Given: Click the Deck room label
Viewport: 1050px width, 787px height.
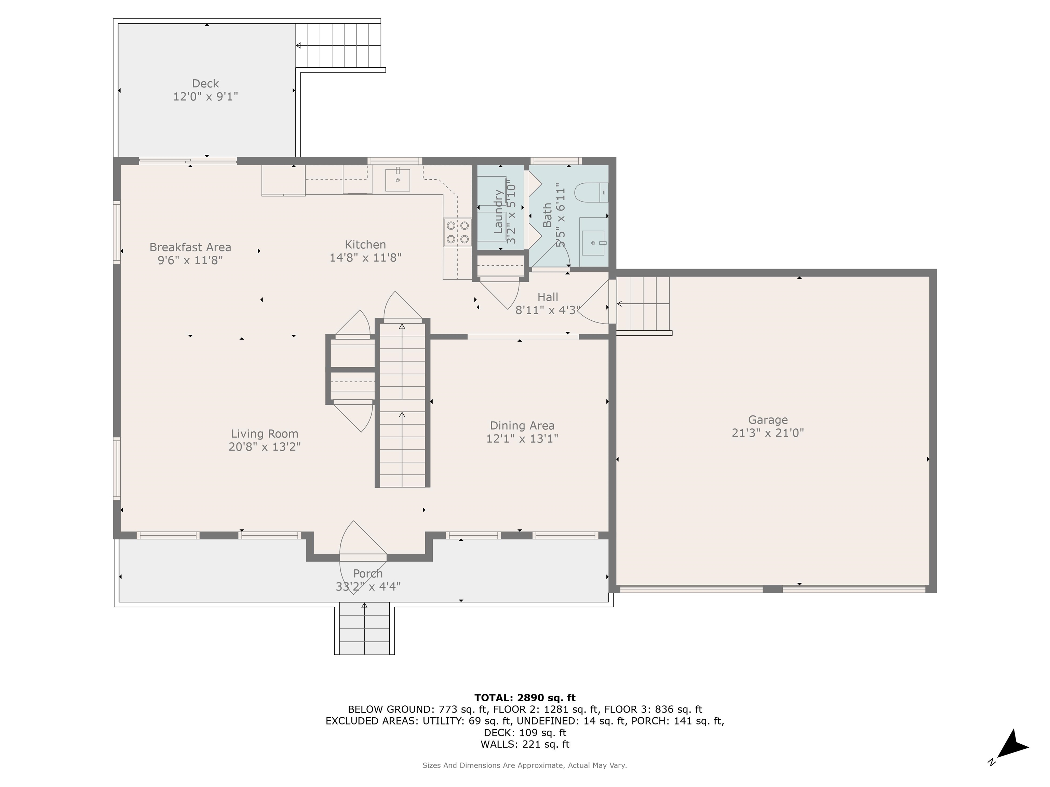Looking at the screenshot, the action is [205, 83].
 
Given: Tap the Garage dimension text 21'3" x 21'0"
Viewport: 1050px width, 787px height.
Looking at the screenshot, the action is [768, 433].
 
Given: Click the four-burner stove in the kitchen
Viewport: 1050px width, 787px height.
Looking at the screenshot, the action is [457, 232].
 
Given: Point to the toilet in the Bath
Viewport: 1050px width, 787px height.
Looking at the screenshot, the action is [591, 193].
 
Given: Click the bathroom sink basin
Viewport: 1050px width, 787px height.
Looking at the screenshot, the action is [594, 243].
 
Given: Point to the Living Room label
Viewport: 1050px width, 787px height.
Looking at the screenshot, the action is [265, 433].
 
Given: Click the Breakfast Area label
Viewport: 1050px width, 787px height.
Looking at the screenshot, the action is [190, 247].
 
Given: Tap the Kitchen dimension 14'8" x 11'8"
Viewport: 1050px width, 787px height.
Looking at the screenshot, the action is [365, 258].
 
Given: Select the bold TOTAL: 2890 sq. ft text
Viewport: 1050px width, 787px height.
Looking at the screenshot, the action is [525, 698].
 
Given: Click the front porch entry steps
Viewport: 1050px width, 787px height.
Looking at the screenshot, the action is [364, 629].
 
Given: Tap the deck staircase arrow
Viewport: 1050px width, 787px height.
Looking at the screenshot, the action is [338, 45].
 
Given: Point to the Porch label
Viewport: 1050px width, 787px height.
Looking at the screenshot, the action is [368, 574].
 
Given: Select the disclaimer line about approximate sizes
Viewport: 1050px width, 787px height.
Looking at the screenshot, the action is [525, 765].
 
